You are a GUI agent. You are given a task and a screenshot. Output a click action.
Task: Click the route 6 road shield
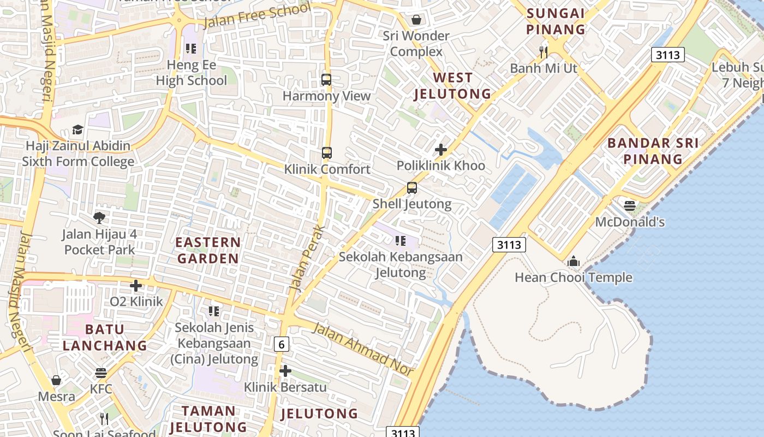[x=282, y=344]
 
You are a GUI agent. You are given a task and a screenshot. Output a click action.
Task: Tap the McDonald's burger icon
[x=630, y=206]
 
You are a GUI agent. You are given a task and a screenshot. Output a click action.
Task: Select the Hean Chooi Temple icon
[x=573, y=262]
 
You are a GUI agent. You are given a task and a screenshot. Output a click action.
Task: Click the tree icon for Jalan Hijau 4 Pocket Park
[x=99, y=218]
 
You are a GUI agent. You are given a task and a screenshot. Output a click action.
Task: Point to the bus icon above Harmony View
[x=326, y=80]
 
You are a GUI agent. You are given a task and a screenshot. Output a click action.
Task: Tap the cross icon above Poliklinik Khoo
[x=441, y=150]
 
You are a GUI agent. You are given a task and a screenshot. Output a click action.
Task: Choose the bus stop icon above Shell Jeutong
[x=412, y=188]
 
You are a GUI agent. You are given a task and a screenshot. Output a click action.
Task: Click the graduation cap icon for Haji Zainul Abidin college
[x=78, y=130]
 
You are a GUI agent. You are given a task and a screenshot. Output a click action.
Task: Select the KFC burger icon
[x=101, y=373]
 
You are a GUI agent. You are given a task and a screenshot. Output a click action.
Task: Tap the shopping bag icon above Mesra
[x=56, y=380]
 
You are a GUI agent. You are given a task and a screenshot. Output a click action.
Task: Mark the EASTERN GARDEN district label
[x=208, y=250]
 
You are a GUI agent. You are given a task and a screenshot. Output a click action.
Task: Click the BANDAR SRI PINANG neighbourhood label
[x=653, y=151]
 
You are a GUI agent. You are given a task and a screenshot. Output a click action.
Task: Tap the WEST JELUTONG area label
[x=452, y=86]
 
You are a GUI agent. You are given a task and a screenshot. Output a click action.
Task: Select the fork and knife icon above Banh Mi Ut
[x=543, y=52]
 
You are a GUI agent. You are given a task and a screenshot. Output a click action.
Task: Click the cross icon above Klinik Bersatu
[x=285, y=371]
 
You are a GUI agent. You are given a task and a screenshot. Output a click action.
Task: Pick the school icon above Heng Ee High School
[x=191, y=49]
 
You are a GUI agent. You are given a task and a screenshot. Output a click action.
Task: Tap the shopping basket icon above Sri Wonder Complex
[x=416, y=20]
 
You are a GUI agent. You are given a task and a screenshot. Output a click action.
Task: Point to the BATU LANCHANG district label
[x=104, y=338]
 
